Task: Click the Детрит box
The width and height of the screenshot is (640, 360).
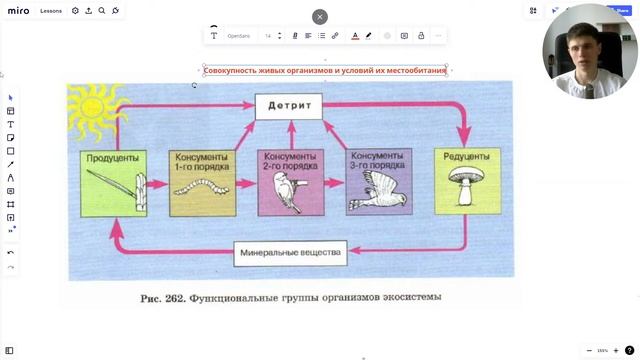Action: [x=289, y=105]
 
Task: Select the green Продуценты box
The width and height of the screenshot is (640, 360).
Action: [x=111, y=183]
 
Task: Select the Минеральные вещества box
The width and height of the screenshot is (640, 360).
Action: [x=291, y=252]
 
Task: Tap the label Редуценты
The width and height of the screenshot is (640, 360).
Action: [x=465, y=156]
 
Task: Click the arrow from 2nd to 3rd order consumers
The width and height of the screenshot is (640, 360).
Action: [x=335, y=182]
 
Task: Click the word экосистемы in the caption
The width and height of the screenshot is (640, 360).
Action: [x=407, y=297]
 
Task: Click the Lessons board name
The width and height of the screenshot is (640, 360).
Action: [x=52, y=11]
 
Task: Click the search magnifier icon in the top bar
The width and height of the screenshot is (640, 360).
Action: [x=102, y=11]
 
